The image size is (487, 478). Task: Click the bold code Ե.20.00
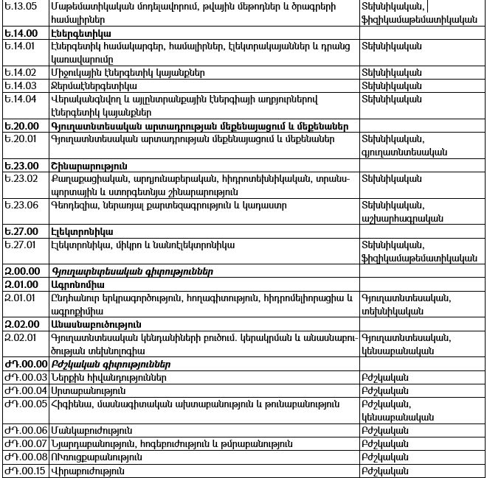tap(21, 126)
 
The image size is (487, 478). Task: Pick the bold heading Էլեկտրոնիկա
tap(80, 231)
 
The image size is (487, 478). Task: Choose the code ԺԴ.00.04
tap(26, 390)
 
